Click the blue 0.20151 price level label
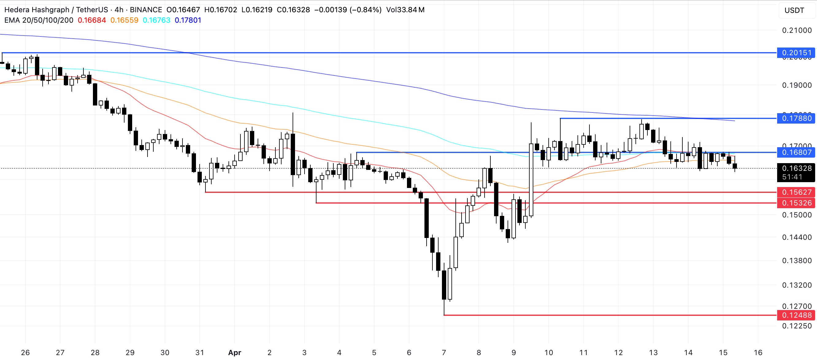click(796, 53)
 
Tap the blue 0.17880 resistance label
click(796, 118)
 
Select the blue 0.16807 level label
click(796, 152)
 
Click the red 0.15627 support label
click(796, 192)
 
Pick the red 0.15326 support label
click(796, 203)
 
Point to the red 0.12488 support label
click(796, 315)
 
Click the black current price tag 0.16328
click(796, 168)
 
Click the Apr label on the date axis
click(235, 353)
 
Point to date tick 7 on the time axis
click(444, 353)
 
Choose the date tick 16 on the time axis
click(758, 353)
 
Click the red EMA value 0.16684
click(92, 20)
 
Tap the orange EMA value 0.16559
click(124, 20)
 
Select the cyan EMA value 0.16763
click(156, 20)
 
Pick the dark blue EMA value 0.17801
click(188, 20)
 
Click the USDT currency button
click(794, 10)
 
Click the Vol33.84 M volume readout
click(405, 10)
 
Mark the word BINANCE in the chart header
click(146, 10)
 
